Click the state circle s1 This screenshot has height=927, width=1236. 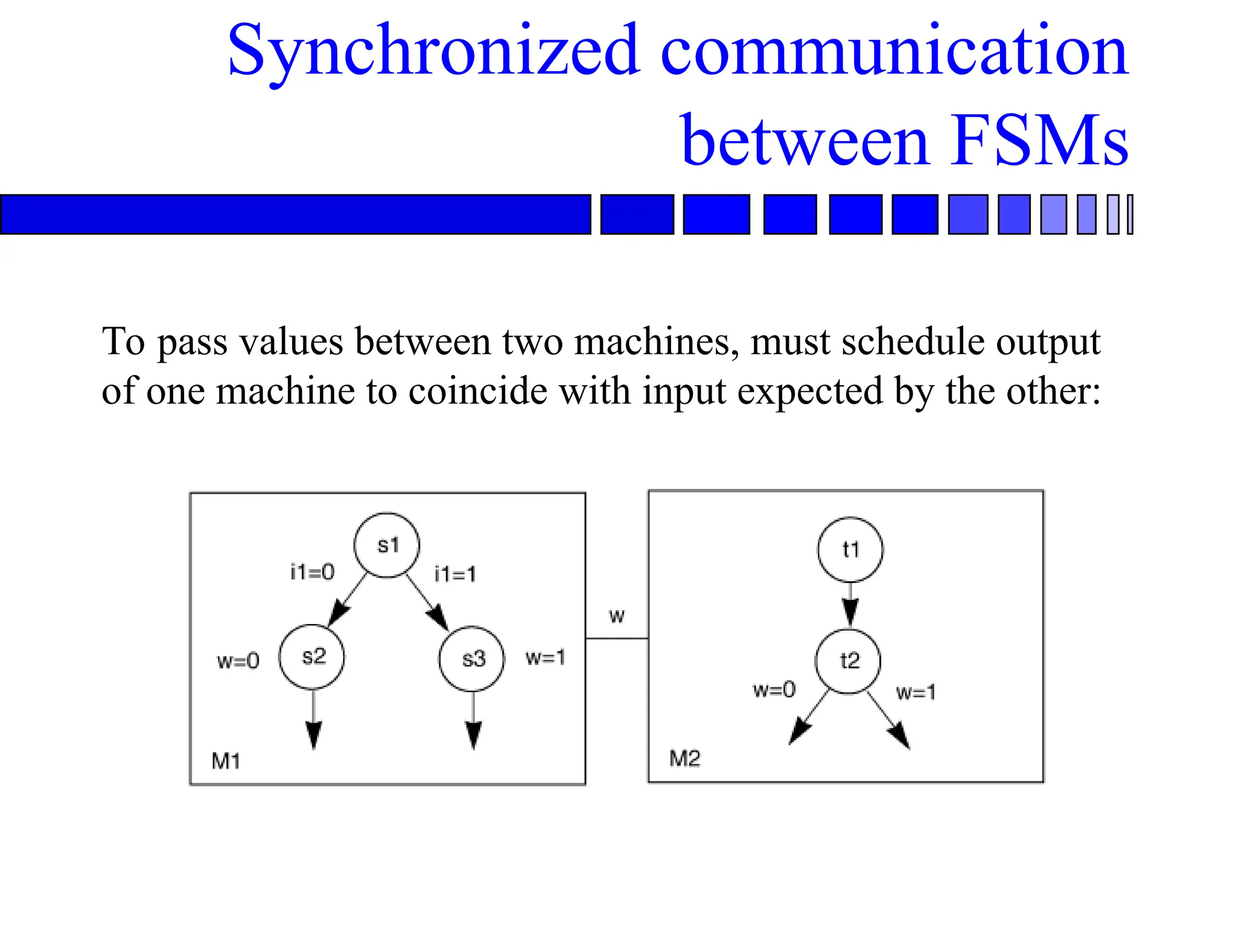coord(386,545)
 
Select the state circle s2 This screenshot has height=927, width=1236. coord(312,657)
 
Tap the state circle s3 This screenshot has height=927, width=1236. coord(471,658)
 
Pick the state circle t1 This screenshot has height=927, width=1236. coord(850,550)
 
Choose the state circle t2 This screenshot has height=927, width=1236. coord(848,661)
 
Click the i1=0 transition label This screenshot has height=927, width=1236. coord(312,572)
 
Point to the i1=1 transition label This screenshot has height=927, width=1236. coord(455,574)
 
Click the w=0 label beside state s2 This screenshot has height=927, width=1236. coord(238,661)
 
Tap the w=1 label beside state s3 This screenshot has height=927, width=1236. coord(546,657)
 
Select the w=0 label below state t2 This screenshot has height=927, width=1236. coord(774,689)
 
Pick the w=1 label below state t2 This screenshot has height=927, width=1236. coord(916,692)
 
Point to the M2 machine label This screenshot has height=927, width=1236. coord(685,758)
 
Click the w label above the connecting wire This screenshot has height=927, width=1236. coord(617,616)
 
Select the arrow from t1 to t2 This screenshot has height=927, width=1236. coord(850,605)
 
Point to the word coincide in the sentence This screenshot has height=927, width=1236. coord(477,390)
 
